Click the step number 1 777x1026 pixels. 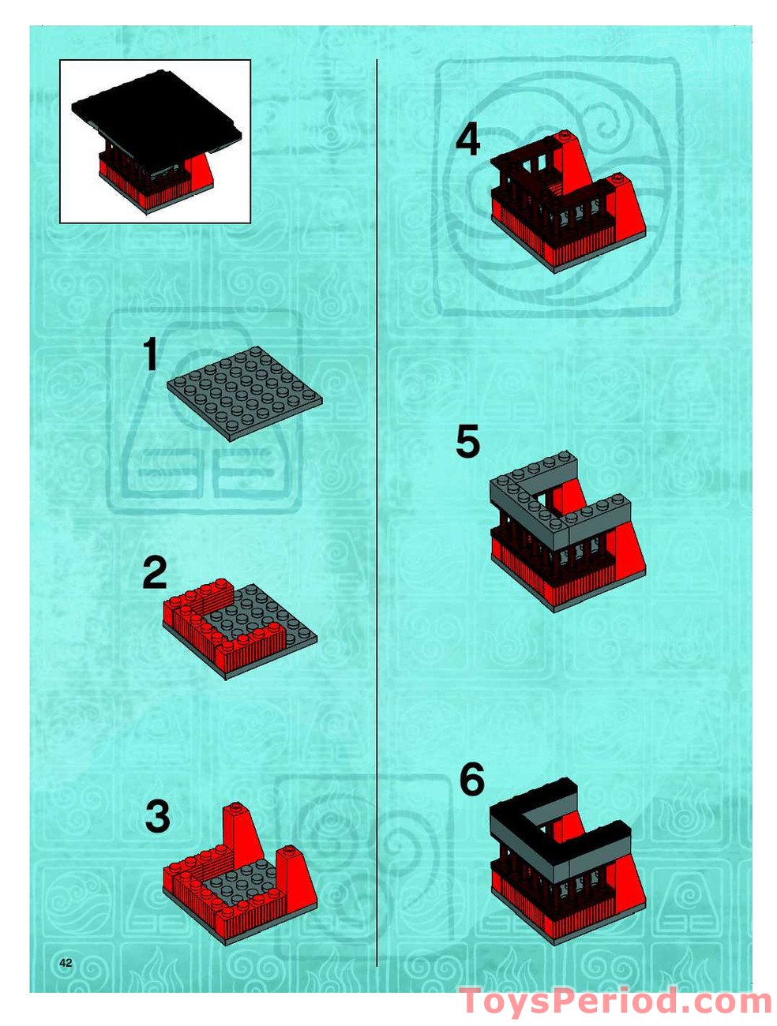tap(150, 355)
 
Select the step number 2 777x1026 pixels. tap(155, 573)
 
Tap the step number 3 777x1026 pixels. tap(157, 817)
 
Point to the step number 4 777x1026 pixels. tap(467, 141)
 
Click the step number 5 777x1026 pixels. tap(467, 442)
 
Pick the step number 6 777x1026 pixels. tap(471, 781)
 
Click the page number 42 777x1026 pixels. tap(66, 963)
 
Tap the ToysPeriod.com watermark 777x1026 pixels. tap(616, 1002)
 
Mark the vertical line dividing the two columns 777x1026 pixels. tap(377, 513)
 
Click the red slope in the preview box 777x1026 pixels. tap(202, 167)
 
